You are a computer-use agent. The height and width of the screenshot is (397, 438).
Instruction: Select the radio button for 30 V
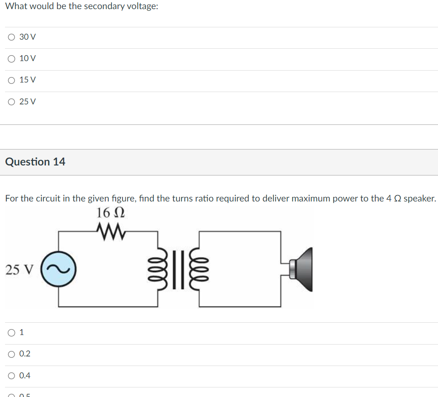tap(11, 37)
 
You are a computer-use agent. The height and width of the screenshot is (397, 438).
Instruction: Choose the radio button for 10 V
tap(11, 58)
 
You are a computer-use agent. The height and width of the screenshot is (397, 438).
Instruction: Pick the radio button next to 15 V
tap(11, 80)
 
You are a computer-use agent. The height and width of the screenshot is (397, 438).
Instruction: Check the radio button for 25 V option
tap(11, 102)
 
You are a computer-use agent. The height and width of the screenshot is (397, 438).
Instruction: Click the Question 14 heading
tap(35, 162)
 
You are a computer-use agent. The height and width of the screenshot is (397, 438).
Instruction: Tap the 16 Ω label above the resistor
tap(111, 212)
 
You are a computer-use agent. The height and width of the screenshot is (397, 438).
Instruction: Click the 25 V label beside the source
tap(19, 270)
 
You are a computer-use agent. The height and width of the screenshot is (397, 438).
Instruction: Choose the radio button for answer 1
tap(11, 333)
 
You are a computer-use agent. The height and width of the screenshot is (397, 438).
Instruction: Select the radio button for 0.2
tap(11, 354)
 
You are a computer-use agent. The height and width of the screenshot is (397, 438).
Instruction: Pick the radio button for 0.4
tap(11, 376)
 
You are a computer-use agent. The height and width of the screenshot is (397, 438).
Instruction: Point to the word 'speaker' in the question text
tap(419, 199)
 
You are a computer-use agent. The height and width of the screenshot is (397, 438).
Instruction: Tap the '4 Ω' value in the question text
tap(394, 199)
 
